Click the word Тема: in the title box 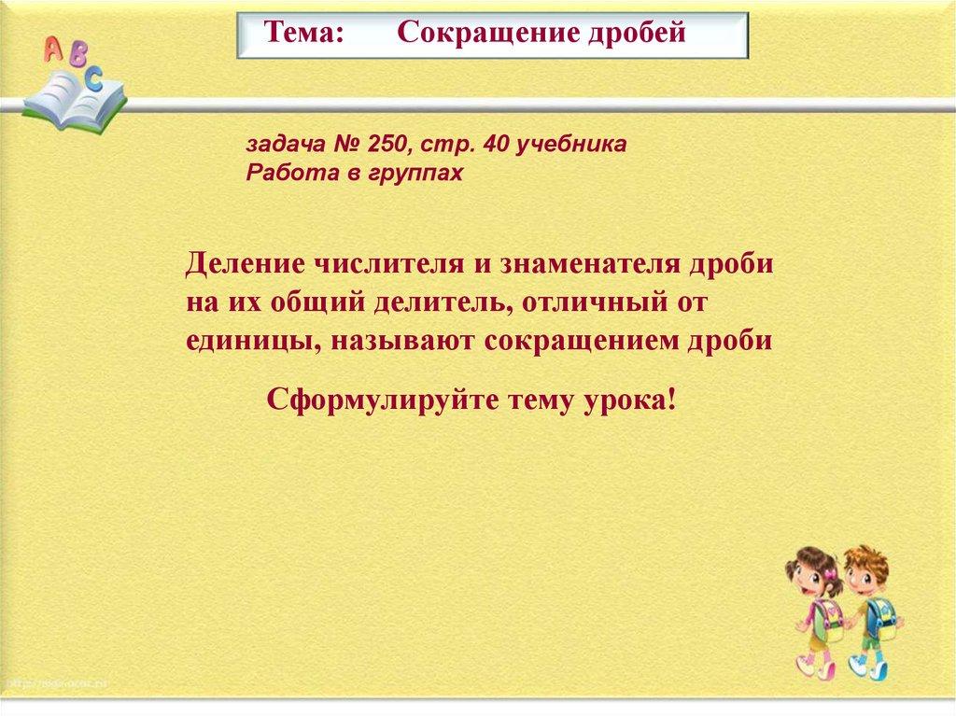pyautogui.click(x=304, y=33)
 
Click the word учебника pyautogui.click(x=570, y=145)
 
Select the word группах pyautogui.click(x=415, y=174)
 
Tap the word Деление pyautogui.click(x=246, y=265)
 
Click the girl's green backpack pyautogui.click(x=827, y=618)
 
